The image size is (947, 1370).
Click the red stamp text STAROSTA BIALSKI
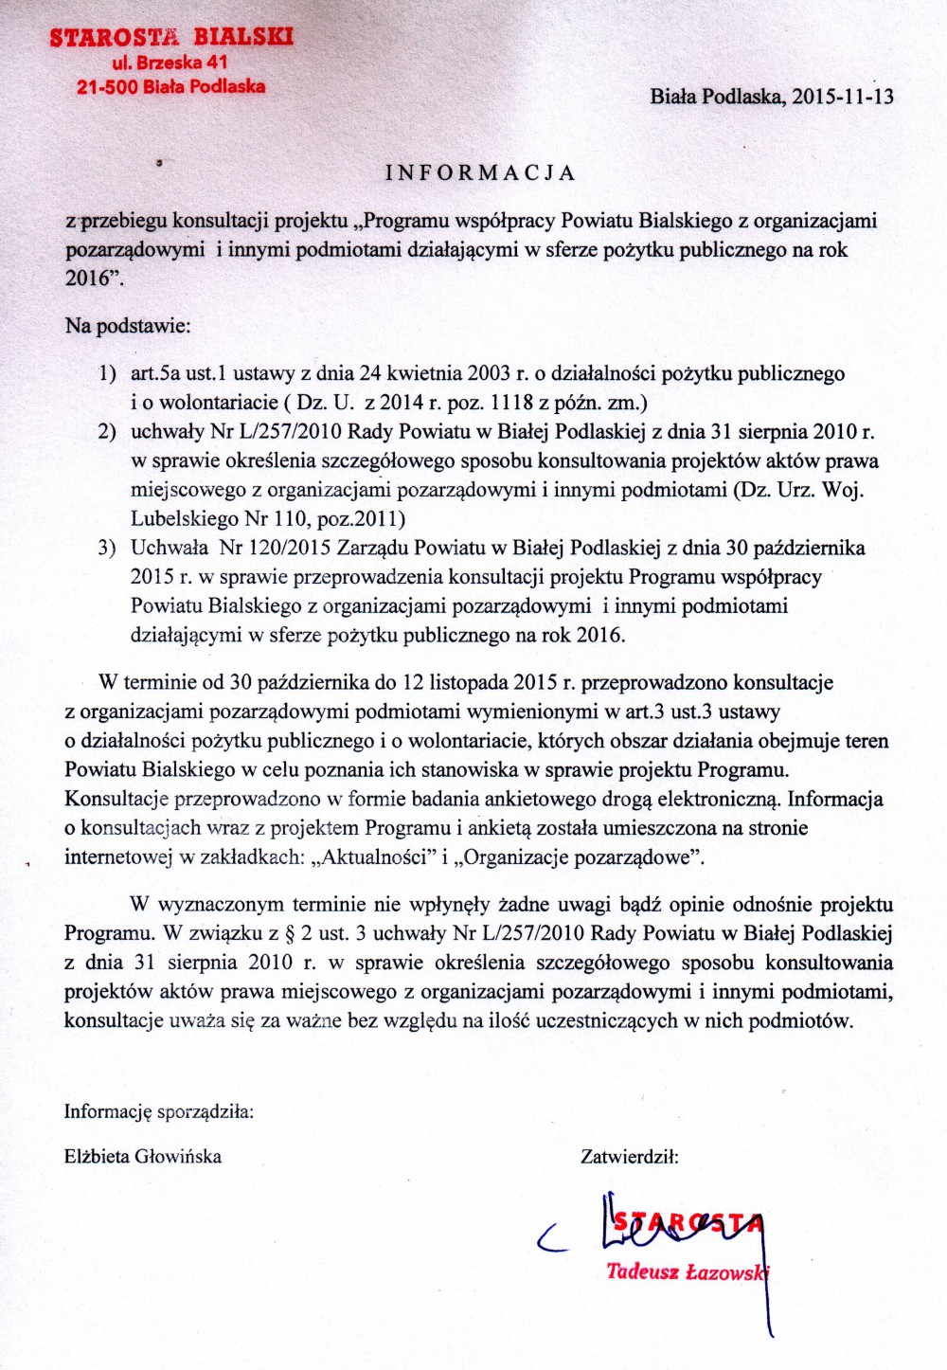171,38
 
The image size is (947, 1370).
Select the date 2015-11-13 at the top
843,96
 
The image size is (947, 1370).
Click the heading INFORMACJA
481,172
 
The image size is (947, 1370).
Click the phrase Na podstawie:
128,326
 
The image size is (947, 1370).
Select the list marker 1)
108,373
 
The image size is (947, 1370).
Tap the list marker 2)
108,432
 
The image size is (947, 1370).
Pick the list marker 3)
108,548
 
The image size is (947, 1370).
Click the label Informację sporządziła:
158,1111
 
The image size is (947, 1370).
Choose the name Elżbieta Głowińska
143,1156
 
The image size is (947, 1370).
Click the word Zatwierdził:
629,1156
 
